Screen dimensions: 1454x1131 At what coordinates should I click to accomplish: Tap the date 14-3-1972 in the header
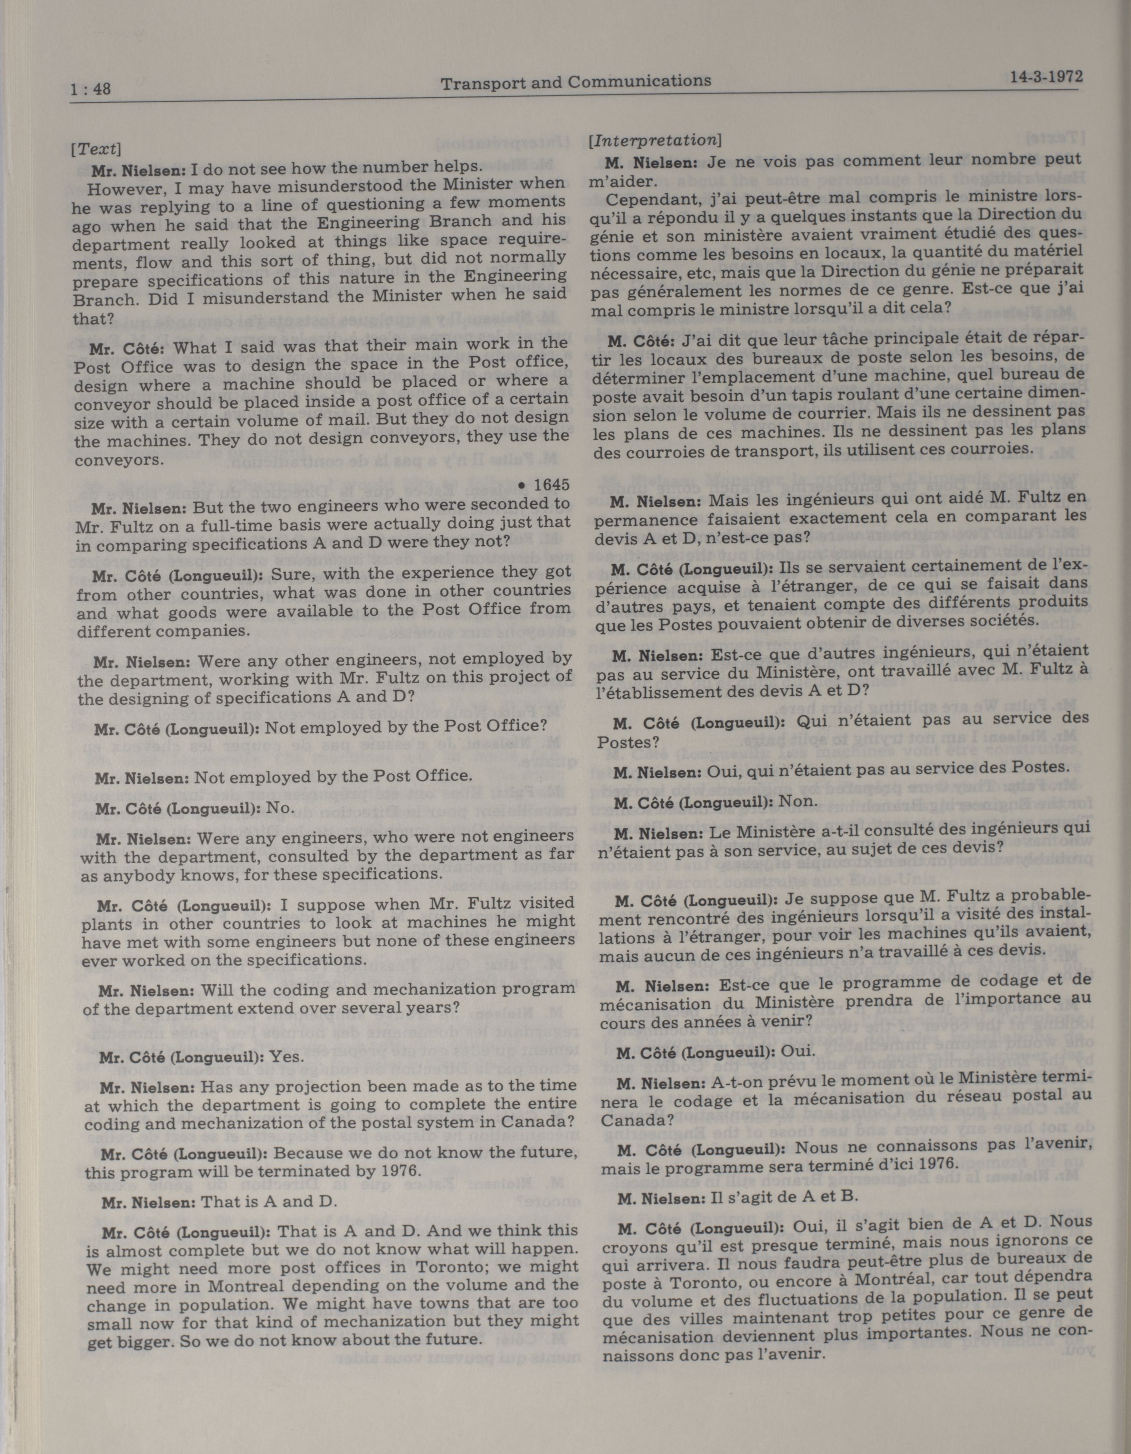[x=1045, y=76]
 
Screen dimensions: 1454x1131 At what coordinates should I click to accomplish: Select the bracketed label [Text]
[x=95, y=149]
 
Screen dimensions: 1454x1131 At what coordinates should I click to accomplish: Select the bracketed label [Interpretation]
[x=655, y=141]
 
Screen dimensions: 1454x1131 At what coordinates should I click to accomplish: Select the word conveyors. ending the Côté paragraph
[x=118, y=460]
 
